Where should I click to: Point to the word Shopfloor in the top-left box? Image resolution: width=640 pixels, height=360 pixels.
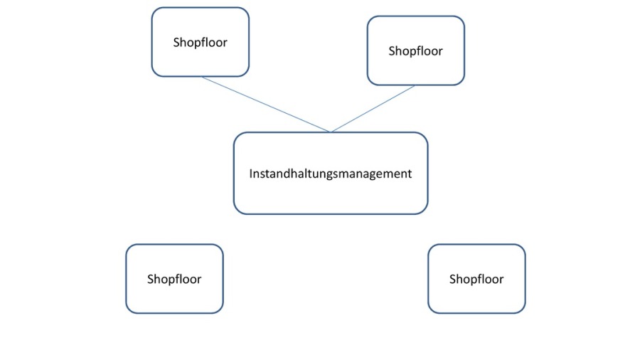[x=200, y=42]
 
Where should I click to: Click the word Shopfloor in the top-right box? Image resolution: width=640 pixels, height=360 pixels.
[x=415, y=51]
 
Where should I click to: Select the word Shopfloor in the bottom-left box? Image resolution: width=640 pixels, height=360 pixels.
[x=174, y=279]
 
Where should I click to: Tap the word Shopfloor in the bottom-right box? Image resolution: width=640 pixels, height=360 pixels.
[x=476, y=279]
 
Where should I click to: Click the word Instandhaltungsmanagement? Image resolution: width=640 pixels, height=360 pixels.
[x=331, y=173]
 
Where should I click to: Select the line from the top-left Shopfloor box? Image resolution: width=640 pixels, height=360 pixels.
[x=266, y=104]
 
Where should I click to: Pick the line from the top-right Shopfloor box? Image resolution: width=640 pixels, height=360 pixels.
[x=373, y=109]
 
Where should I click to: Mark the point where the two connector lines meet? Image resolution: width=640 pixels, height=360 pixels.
[x=331, y=132]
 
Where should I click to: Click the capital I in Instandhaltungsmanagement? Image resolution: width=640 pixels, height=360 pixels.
[x=251, y=173]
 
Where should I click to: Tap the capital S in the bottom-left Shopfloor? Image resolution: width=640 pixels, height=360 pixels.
[x=151, y=279]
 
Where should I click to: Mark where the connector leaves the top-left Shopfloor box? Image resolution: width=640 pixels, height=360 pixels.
[x=202, y=77]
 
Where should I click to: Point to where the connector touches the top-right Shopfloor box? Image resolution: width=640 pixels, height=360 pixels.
[x=415, y=85]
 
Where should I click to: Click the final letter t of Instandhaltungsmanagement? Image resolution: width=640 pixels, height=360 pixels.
[x=410, y=173]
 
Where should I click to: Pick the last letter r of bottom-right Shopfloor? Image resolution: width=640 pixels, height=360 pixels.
[x=501, y=279]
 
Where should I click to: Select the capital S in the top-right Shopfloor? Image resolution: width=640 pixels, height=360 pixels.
[x=392, y=51]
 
